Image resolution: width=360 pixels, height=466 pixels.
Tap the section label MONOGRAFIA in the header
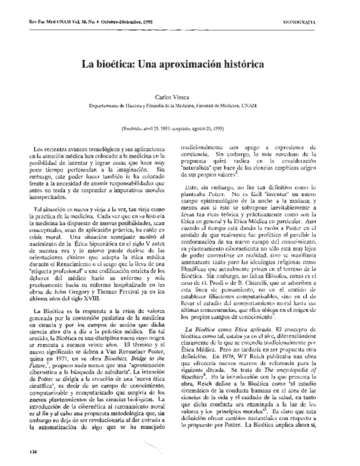(299, 22)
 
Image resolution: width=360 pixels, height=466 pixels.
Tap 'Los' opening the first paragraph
(38, 149)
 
